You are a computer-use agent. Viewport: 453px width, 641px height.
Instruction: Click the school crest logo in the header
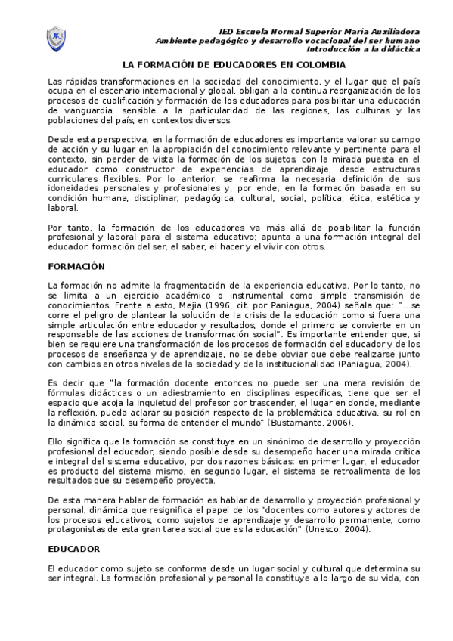click(x=57, y=38)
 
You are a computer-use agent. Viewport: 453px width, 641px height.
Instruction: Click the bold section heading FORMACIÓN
click(x=76, y=267)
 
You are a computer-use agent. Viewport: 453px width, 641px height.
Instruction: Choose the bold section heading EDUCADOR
click(x=74, y=547)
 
